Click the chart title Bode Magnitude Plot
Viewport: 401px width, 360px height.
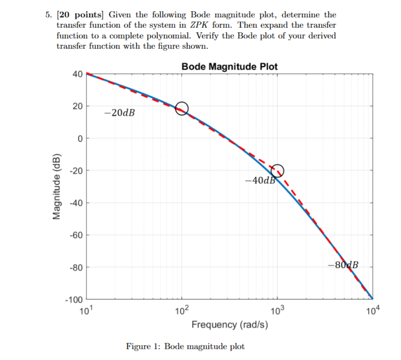pos(229,66)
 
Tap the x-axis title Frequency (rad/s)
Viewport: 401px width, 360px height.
pos(229,324)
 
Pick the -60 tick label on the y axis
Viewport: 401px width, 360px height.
pos(76,236)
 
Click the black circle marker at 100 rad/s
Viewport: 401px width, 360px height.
pos(182,108)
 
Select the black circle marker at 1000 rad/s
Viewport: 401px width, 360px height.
pos(277,171)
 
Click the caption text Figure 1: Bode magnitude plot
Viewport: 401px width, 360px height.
pos(185,346)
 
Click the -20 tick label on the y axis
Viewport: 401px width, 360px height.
pos(76,171)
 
